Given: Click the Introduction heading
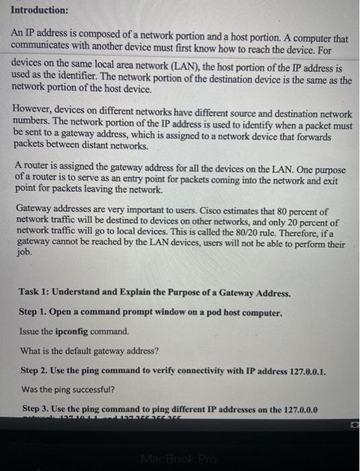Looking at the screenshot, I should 40,11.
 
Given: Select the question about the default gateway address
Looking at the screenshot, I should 89,351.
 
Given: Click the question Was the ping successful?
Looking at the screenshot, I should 67,389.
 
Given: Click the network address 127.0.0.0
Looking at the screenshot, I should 293,408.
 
